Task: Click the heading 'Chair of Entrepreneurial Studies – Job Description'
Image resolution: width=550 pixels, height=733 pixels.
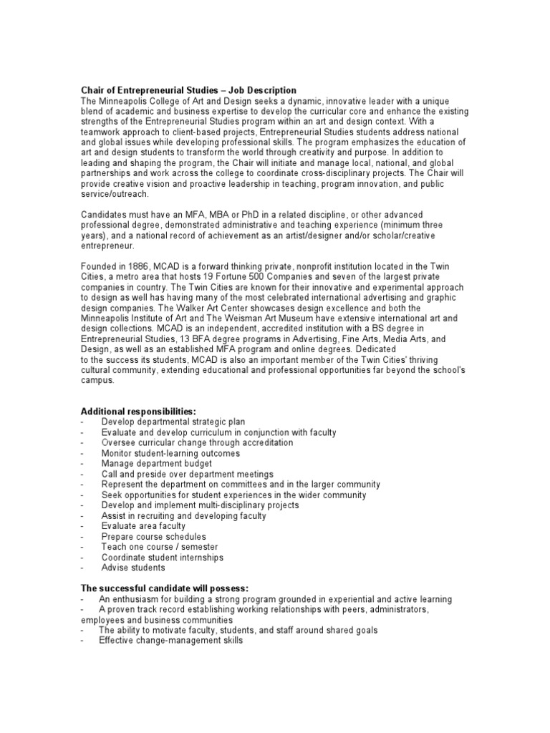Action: [188, 90]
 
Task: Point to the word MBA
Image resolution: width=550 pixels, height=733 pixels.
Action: [193, 215]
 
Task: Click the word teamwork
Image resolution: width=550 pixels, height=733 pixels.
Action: [101, 132]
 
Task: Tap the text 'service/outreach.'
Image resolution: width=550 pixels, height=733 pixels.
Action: [115, 194]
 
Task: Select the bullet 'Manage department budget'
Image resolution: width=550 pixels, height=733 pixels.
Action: [150, 464]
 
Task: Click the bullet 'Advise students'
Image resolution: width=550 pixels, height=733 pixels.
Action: [132, 568]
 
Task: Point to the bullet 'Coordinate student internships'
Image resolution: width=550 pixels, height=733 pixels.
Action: [162, 557]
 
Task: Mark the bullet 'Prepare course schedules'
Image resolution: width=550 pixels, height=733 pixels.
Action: [153, 536]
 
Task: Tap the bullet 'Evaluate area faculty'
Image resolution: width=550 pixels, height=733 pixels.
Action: [143, 526]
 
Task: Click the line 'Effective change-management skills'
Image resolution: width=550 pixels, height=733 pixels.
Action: [171, 641]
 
